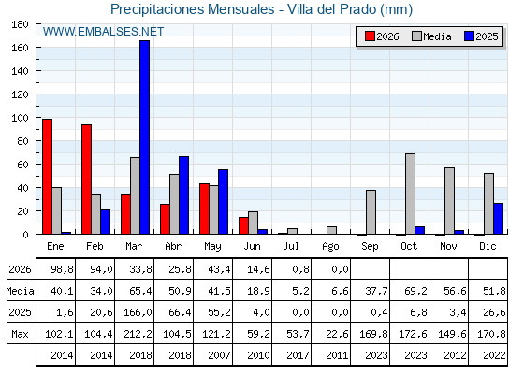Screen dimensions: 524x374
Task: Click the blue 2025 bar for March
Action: coord(145,137)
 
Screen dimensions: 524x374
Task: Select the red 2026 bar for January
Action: coord(47,177)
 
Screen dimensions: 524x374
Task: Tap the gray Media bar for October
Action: coord(411,194)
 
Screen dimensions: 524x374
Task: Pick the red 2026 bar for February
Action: coord(86,180)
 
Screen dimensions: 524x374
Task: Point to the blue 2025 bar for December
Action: coord(498,219)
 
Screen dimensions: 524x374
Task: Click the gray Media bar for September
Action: coord(371,212)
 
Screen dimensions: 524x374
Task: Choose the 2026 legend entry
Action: coord(382,36)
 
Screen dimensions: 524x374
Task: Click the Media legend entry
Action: coord(431,36)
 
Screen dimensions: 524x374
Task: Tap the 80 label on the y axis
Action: coord(22,141)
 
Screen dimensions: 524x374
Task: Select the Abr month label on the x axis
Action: coord(173,246)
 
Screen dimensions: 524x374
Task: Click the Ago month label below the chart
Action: coord(330,247)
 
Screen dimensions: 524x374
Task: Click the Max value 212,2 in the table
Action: coord(138,334)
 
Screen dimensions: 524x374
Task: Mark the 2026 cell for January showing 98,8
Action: coord(62,269)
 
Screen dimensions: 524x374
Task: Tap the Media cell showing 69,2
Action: coord(415,291)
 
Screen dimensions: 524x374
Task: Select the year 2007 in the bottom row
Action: coord(219,355)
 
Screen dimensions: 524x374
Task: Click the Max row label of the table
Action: coord(20,334)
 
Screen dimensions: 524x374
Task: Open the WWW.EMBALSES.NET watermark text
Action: coord(103,32)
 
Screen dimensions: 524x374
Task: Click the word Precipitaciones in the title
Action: coord(157,9)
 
